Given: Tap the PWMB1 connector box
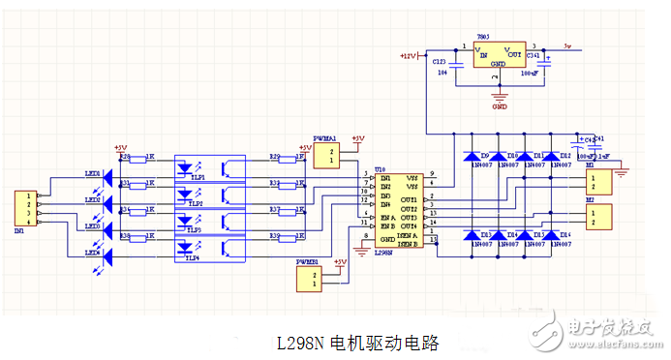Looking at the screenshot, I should pyautogui.click(x=311, y=279).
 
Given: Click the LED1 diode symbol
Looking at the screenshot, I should pyautogui.click(x=107, y=182).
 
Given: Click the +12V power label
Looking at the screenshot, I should pyautogui.click(x=407, y=57).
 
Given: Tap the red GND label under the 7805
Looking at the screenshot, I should pyautogui.click(x=500, y=106).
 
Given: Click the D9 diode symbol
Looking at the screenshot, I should pyautogui.click(x=472, y=156).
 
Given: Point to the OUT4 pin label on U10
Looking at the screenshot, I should pyautogui.click(x=408, y=225).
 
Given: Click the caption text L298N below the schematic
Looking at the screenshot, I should pyautogui.click(x=300, y=343).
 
